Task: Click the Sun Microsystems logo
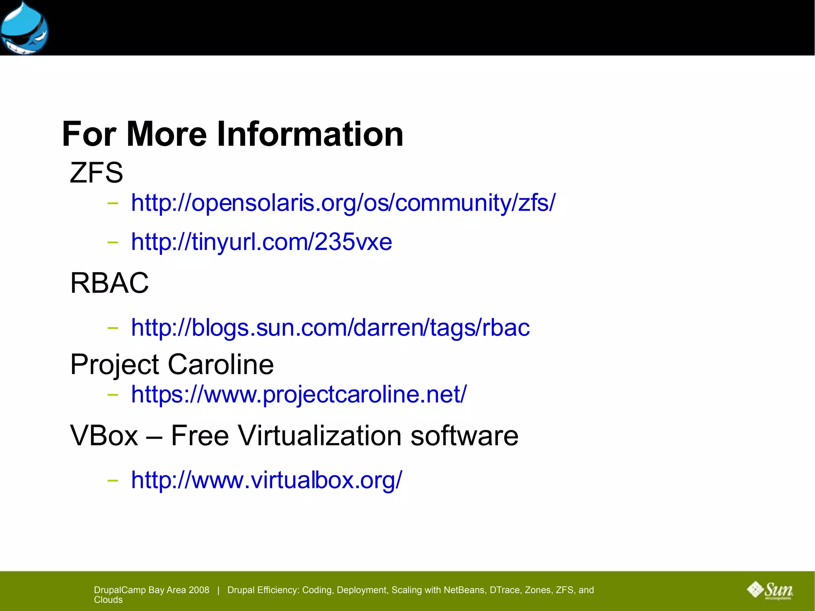point(770,590)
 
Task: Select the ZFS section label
point(96,173)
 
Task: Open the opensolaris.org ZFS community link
point(343,203)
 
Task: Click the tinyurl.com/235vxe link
point(261,242)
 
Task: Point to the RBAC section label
point(109,283)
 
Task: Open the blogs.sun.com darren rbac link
point(330,328)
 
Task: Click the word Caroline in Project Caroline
point(220,364)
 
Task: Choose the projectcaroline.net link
point(299,394)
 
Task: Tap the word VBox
point(104,435)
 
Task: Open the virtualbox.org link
point(267,480)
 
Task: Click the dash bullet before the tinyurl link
point(113,242)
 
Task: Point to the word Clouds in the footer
point(108,600)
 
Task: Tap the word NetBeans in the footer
point(465,590)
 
